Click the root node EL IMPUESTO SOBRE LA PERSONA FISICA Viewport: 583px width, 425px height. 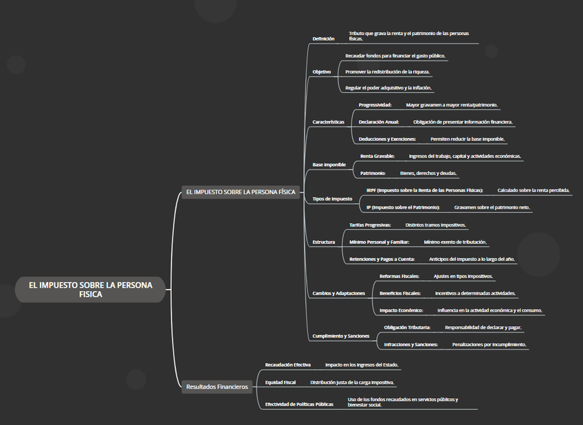click(90, 289)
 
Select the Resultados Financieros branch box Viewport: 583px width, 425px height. click(217, 387)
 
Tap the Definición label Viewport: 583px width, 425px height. click(323, 38)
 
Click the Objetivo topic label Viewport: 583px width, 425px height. click(321, 71)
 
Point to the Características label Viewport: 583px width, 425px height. click(328, 122)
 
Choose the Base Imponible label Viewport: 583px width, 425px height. click(329, 165)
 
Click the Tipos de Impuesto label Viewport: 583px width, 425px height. click(332, 198)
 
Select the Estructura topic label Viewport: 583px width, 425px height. click(323, 242)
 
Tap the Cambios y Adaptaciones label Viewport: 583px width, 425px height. click(338, 293)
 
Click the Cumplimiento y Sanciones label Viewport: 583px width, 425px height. click(340, 336)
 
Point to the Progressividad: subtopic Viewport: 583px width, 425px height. click(375, 105)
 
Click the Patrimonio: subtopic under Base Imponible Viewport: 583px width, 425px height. click(373, 173)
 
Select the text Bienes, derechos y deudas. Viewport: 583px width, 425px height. click(428, 173)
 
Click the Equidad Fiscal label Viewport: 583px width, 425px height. click(280, 382)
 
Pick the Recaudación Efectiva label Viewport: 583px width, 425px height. click(287, 365)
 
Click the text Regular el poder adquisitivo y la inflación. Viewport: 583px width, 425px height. click(388, 88)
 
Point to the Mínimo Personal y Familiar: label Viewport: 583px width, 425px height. click(379, 242)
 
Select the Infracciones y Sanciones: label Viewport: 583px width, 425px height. click(410, 344)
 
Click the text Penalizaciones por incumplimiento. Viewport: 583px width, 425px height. click(489, 344)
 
